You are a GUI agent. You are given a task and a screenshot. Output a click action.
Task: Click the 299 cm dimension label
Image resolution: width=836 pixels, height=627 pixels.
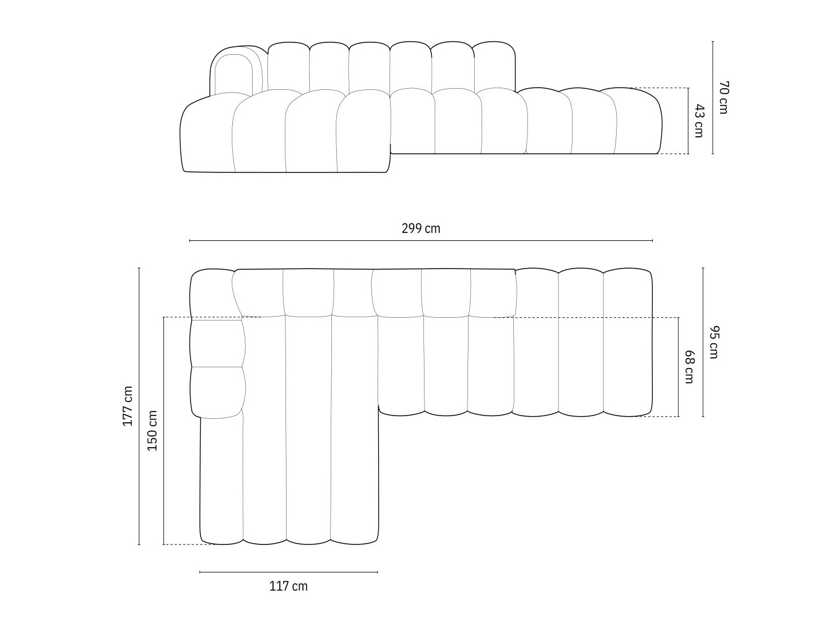point(421,228)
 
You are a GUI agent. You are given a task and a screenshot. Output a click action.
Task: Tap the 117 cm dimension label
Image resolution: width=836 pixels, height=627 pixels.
point(288,586)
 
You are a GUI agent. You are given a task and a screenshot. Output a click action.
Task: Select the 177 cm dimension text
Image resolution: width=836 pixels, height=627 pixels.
point(128,406)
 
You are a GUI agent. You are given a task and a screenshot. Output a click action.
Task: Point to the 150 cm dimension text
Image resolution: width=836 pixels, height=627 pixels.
point(153,430)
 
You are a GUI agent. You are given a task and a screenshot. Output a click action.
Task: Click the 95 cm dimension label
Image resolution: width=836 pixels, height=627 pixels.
point(713,342)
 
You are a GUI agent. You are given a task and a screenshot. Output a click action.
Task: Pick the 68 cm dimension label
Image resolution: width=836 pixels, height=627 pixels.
point(689,367)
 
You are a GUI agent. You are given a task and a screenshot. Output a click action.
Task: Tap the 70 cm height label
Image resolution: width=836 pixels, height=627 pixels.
point(724,97)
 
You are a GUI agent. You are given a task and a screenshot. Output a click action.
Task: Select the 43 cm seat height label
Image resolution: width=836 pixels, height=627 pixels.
point(699,120)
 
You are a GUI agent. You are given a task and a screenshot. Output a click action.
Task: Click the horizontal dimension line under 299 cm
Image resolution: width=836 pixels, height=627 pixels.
point(421,241)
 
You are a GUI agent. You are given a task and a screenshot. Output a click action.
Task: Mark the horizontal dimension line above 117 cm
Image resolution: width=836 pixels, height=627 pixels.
point(288,572)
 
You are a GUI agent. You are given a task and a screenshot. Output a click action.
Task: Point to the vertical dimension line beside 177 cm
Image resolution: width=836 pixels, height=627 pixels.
point(139,406)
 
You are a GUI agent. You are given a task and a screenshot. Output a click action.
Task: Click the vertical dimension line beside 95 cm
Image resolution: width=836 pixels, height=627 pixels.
point(703,342)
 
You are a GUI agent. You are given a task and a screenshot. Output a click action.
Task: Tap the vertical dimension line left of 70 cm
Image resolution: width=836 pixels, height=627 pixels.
point(713,97)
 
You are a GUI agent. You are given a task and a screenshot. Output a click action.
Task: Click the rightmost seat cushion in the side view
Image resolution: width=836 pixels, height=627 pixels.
point(639,120)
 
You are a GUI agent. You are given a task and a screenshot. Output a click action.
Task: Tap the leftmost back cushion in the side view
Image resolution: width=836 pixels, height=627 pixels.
point(288,66)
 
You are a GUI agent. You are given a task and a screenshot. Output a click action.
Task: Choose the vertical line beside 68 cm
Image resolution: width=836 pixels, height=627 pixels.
point(679,367)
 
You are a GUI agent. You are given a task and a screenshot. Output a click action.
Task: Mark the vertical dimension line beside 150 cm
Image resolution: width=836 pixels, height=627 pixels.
point(164,430)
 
